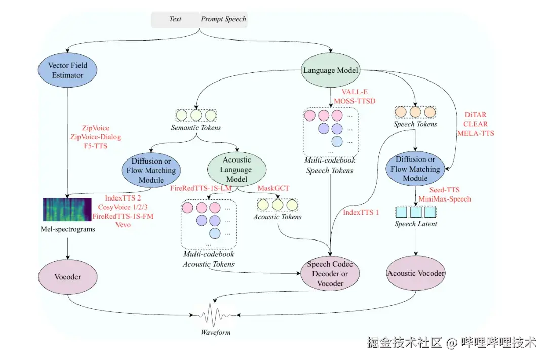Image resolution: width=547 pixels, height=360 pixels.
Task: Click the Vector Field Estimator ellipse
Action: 67,70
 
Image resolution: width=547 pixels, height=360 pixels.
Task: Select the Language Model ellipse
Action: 330,70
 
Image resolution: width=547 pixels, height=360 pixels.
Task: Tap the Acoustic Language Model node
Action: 237,170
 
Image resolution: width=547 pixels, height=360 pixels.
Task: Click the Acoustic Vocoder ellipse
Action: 416,273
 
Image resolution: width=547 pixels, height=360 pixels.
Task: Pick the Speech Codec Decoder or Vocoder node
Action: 330,274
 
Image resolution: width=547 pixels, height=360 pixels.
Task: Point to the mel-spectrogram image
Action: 67,210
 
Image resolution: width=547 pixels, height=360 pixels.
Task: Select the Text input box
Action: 175,19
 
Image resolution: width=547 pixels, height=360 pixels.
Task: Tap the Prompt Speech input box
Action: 223,19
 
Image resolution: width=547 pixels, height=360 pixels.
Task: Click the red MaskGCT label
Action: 273,188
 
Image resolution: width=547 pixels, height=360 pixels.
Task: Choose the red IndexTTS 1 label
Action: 361,212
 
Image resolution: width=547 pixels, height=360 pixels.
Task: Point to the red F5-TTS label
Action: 96,146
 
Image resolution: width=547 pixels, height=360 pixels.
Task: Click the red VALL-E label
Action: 355,92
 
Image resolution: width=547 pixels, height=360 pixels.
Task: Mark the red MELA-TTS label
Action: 476,133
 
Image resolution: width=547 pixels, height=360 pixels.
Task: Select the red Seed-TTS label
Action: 445,190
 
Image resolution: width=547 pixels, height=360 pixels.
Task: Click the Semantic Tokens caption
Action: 196,127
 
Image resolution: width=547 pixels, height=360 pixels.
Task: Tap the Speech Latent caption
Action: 415,224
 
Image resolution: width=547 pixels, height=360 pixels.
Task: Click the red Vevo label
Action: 123,225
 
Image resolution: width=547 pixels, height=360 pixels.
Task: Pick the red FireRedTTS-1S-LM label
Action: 201,188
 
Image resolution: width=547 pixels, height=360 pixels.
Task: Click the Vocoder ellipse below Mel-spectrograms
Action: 68,277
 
